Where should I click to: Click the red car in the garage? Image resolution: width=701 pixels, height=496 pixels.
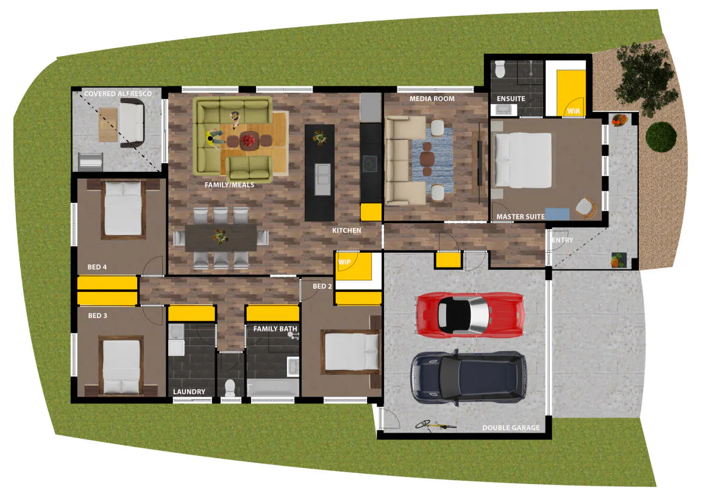click(469, 314)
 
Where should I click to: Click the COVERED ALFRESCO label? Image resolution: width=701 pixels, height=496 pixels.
click(118, 94)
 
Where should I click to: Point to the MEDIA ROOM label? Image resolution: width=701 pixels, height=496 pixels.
click(432, 99)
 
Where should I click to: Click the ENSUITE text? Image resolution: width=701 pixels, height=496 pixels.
click(511, 99)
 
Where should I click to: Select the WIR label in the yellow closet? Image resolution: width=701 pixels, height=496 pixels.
click(574, 112)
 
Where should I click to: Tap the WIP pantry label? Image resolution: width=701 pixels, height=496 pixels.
click(344, 262)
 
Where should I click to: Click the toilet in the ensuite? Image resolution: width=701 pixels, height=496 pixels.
click(500, 69)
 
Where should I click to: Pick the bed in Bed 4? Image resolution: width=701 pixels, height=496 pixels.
click(123, 208)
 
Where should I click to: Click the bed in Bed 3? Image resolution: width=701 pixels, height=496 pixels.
click(121, 366)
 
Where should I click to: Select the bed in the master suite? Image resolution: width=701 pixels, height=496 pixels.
click(522, 160)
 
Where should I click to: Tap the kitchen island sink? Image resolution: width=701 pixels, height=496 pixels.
click(322, 179)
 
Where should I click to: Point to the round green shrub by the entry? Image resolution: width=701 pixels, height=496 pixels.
click(661, 136)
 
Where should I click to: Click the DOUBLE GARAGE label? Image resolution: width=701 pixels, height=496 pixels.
click(511, 428)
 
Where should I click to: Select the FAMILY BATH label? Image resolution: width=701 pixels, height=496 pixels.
click(275, 329)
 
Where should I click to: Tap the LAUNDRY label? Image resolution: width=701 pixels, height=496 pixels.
click(189, 392)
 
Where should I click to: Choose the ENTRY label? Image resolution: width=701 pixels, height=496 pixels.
click(562, 241)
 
